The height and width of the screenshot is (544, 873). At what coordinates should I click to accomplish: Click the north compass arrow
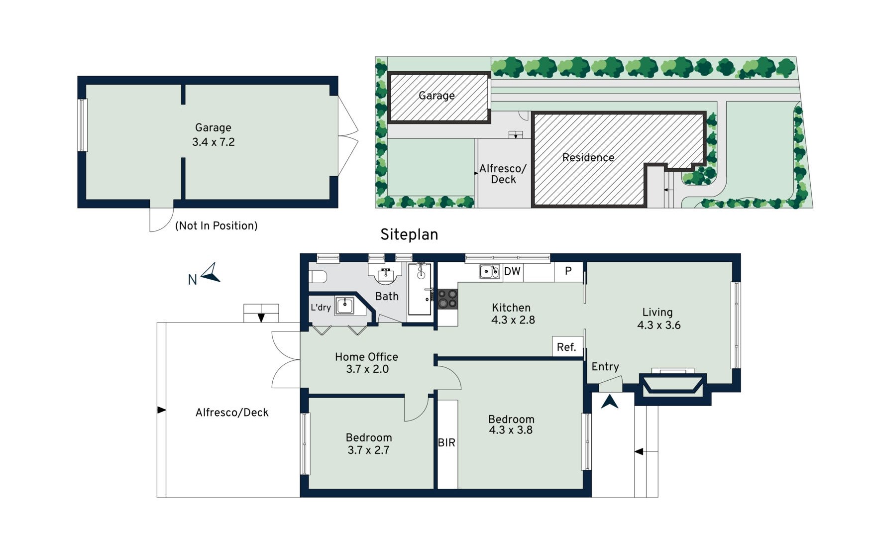(212, 273)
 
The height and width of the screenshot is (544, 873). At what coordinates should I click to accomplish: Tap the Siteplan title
(409, 234)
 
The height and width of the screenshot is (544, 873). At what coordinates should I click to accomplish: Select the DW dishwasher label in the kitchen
(512, 271)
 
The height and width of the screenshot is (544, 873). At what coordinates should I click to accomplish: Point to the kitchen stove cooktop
(447, 299)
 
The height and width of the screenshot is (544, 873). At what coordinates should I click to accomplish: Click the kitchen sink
(489, 271)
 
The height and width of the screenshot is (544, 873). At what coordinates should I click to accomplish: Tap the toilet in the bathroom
(318, 277)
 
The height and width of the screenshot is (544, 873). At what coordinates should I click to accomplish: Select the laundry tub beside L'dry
(344, 306)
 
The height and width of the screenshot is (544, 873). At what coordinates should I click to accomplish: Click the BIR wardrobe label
(446, 442)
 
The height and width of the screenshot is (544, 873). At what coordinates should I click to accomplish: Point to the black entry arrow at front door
(610, 402)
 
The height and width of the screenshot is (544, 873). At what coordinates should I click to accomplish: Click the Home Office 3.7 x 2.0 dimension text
(367, 369)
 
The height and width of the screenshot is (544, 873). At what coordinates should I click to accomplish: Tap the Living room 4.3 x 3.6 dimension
(659, 325)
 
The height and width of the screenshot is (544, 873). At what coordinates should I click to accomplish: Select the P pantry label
(568, 271)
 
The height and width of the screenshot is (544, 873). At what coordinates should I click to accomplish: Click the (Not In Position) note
(217, 226)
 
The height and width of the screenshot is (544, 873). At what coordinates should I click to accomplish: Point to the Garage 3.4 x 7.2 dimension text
(213, 142)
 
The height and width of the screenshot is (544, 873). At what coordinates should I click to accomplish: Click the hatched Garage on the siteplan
(439, 97)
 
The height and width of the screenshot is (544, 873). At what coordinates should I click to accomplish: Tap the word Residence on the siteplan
(588, 158)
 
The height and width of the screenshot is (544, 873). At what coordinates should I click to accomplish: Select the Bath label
(387, 296)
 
